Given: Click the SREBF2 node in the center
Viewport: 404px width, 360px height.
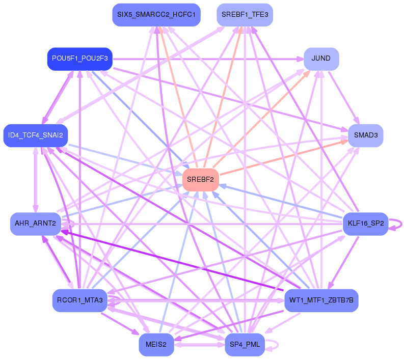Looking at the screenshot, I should point(201,180).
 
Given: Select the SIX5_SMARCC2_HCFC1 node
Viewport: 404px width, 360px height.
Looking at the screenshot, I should point(156,15).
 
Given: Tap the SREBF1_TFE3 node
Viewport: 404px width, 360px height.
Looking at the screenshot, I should point(245,15).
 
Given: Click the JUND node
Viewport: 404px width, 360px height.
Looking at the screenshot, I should point(321,59).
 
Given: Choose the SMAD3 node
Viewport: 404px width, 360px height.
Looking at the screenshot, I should point(365,135).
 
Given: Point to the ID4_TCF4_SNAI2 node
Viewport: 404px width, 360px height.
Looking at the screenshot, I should point(35,135).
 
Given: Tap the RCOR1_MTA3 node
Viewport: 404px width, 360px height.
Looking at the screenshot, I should point(78,300).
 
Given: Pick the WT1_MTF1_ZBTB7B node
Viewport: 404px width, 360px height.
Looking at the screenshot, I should point(321,300).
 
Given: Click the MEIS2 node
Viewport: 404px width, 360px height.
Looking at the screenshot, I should point(156,345).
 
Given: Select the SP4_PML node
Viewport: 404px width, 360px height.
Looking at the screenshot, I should point(245,345).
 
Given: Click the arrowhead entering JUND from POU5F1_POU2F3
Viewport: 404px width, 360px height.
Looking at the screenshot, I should point(300,59).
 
